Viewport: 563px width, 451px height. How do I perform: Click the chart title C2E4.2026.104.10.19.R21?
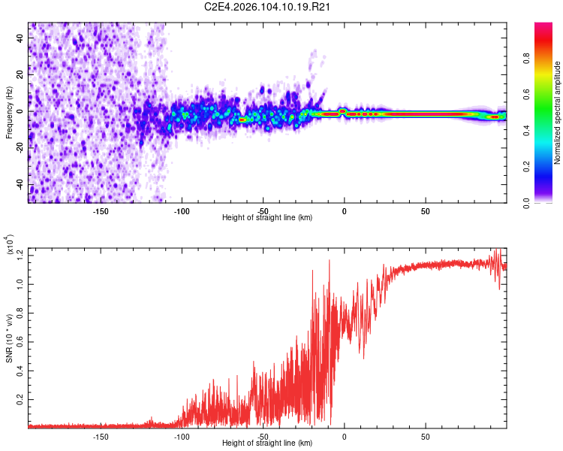(268, 8)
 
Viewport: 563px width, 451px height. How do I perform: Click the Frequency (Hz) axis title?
(10, 113)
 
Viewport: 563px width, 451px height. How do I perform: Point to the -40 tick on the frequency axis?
(20, 184)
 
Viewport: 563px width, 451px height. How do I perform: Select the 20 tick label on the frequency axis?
(21, 75)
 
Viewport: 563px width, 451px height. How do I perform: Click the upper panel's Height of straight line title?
(267, 217)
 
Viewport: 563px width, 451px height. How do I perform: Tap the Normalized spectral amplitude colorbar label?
(557, 113)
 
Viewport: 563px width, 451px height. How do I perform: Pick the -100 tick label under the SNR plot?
(182, 435)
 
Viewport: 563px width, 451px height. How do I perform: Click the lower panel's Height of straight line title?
(267, 443)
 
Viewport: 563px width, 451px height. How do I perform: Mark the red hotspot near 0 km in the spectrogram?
(342, 111)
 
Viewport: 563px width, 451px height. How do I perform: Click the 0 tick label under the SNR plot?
(344, 435)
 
